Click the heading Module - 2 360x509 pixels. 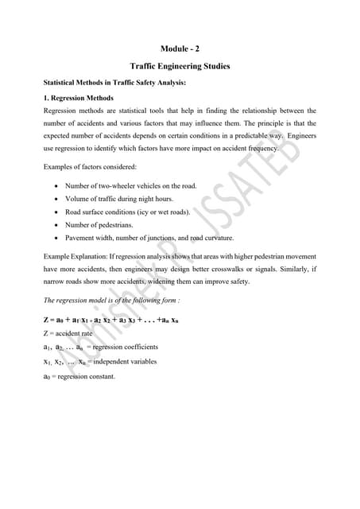pyautogui.click(x=180, y=49)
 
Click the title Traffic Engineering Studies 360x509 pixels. pyautogui.click(x=180, y=66)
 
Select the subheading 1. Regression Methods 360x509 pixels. pyautogui.click(x=83, y=98)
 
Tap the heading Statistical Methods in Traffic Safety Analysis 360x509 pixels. pyautogui.click(x=114, y=83)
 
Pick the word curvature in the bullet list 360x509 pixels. pyautogui.click(x=218, y=237)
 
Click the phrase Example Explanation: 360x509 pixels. pyautogui.click(x=74, y=256)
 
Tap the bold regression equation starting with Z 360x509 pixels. pyautogui.click(x=110, y=320)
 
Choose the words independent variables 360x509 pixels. pyautogui.click(x=129, y=362)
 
